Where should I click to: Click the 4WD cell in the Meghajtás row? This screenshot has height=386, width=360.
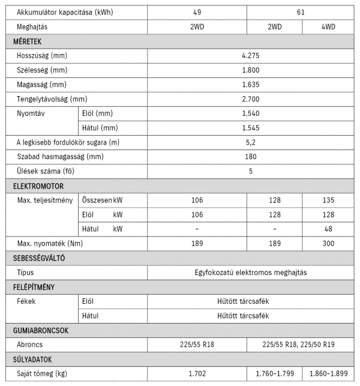tap(328, 27)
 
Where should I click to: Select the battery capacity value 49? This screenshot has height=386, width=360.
tap(197, 12)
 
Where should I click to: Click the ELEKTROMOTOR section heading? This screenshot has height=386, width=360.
tap(38, 186)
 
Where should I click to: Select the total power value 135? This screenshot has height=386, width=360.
tap(328, 201)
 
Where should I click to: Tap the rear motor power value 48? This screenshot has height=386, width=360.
tap(328, 229)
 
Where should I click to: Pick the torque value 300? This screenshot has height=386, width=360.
tap(328, 244)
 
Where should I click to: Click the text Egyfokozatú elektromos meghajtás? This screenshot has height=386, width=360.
tap(250, 273)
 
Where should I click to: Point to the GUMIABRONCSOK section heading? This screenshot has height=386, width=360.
tap(41, 330)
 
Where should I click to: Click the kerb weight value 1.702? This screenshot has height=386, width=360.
tap(197, 374)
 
